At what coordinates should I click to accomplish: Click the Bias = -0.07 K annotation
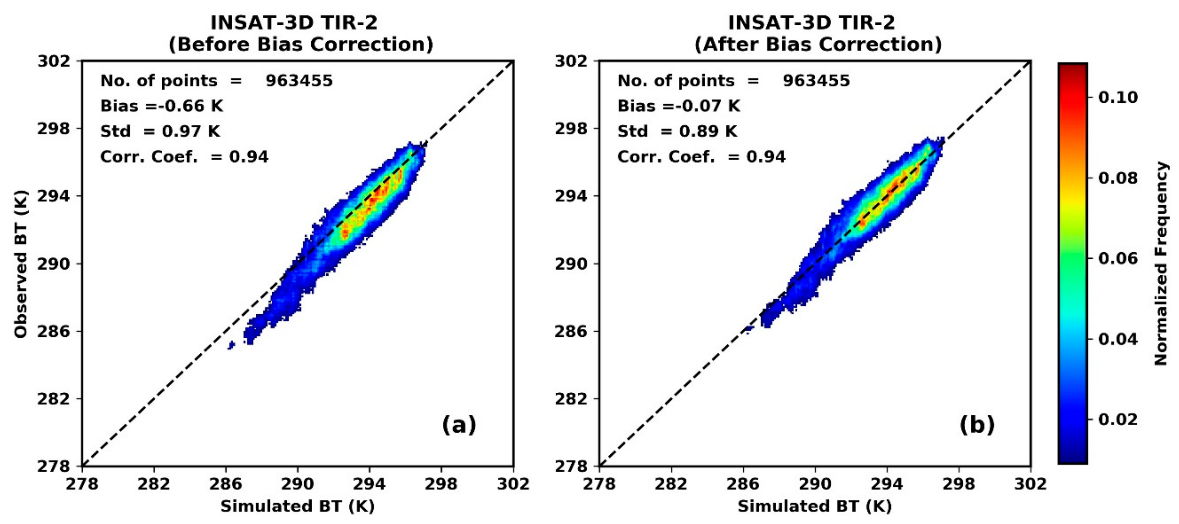click(x=679, y=106)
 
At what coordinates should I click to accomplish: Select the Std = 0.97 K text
click(x=160, y=132)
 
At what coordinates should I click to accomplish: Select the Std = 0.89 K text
click(x=677, y=132)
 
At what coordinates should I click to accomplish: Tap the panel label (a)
click(x=459, y=425)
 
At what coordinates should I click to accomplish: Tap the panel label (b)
click(x=977, y=425)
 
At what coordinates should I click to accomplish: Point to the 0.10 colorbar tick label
click(x=1118, y=98)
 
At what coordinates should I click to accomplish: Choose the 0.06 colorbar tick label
click(x=1118, y=258)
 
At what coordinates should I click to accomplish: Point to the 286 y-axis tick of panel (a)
click(x=54, y=331)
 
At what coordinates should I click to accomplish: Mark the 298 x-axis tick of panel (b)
click(x=958, y=484)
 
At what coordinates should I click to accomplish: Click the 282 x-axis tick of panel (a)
click(x=154, y=484)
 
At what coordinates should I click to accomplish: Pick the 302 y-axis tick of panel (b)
click(x=571, y=61)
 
